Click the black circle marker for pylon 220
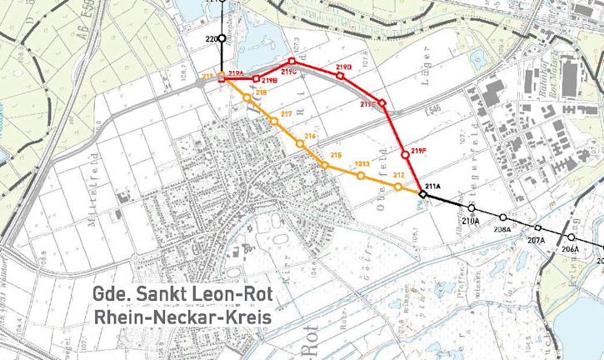pos(222,38)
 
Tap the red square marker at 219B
pos(257,78)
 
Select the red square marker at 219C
pos(292,62)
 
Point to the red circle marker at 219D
pos(340,76)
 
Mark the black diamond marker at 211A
pos(422,194)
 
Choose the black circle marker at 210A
pos(472,207)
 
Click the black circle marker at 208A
pos(503,217)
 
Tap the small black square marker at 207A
pos(537,228)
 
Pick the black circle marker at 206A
pos(572,237)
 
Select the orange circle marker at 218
pos(247,98)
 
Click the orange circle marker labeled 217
pos(273,122)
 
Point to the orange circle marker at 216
pos(300,144)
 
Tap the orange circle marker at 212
pos(398,187)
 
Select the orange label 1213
pos(362,164)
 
